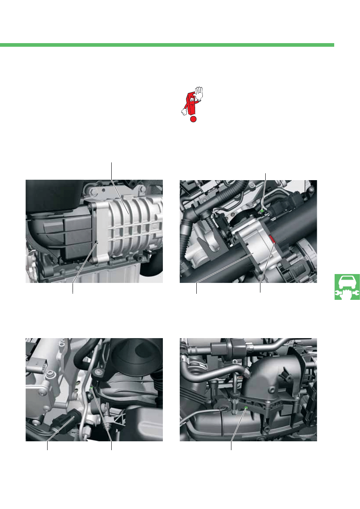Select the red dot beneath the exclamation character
(x=194, y=119)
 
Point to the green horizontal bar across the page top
(x=167, y=45)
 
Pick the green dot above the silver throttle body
(x=262, y=210)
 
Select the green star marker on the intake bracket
(x=246, y=408)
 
